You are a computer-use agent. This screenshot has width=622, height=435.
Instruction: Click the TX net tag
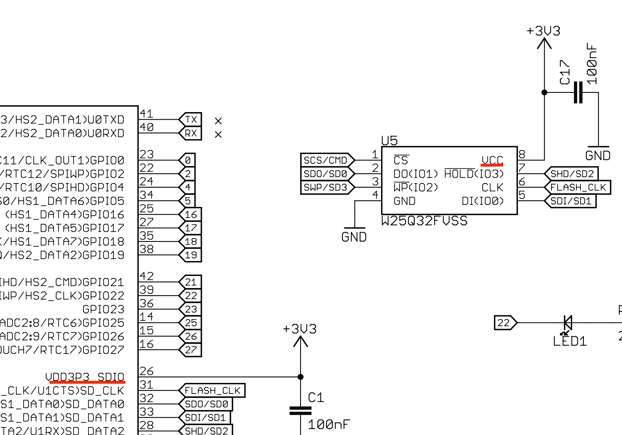tap(191, 120)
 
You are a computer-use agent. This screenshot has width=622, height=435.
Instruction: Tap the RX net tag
tap(191, 134)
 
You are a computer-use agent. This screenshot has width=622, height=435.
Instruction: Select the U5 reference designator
tap(389, 141)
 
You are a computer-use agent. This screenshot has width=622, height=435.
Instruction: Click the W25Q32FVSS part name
tap(424, 221)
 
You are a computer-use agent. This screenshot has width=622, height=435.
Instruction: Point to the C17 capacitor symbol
tap(578, 92)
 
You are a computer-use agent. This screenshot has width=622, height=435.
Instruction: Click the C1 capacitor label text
tap(316, 397)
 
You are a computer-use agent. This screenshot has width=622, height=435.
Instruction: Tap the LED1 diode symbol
tap(567, 323)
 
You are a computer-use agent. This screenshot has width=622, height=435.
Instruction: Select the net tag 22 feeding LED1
tap(505, 323)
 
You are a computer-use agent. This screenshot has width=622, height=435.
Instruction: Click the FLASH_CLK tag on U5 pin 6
tap(578, 187)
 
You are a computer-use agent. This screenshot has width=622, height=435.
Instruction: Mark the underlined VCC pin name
tap(492, 160)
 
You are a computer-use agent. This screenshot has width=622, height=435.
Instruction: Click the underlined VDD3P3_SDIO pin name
tap(85, 377)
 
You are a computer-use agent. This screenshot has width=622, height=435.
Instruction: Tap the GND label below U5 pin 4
tap(354, 237)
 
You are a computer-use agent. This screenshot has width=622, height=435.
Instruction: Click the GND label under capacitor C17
tap(598, 156)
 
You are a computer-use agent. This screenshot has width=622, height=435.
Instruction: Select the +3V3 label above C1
tap(300, 329)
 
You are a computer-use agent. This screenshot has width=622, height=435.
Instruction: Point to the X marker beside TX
tap(218, 121)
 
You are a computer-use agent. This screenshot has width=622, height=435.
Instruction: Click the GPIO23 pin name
tap(103, 309)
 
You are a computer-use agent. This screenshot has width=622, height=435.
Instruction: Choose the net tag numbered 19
tap(191, 255)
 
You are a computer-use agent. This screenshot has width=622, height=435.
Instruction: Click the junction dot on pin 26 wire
tap(301, 377)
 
